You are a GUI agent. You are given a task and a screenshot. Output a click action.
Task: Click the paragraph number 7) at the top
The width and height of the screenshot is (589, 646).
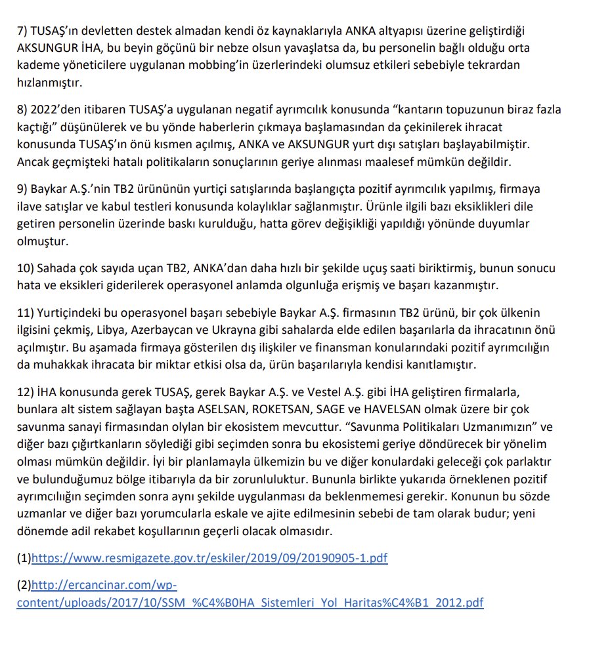(x=23, y=31)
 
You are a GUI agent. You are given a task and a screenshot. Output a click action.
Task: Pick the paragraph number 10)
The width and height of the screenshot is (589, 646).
(x=26, y=270)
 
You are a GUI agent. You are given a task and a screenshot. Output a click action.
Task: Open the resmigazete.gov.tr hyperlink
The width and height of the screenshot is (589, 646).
(x=209, y=559)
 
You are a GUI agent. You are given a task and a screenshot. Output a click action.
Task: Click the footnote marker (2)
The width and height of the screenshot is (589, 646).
(x=24, y=585)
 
